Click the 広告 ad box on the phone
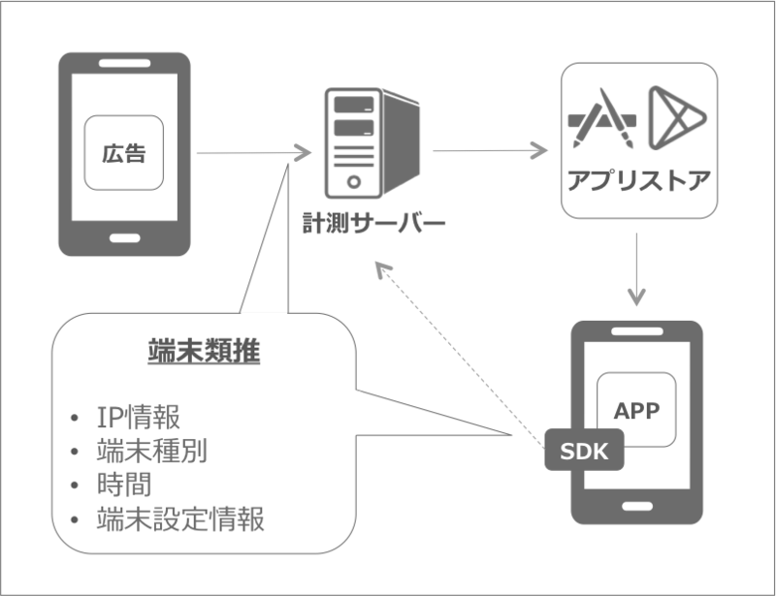point(122,152)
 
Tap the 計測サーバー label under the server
point(374,225)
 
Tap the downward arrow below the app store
point(636,267)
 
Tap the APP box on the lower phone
point(636,411)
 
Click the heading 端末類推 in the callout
point(206,352)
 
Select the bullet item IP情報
point(138,418)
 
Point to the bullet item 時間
point(124,485)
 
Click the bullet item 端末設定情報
point(180,518)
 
